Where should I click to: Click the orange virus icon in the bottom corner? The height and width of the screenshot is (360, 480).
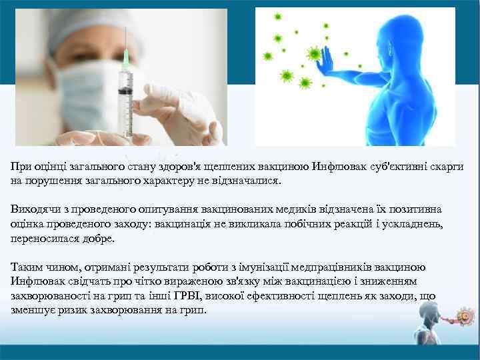pos(463,315)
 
